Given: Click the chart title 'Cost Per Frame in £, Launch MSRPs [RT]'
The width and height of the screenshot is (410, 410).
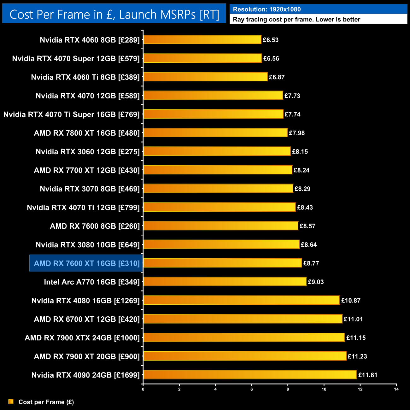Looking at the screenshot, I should click(114, 15).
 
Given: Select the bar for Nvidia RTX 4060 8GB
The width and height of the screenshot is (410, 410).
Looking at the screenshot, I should click(202, 40).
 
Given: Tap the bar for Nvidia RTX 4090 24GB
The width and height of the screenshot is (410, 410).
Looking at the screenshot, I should click(250, 375).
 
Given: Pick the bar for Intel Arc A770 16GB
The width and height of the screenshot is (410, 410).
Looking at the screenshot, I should click(225, 282).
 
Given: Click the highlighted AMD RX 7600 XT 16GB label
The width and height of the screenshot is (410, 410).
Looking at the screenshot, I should click(86, 263).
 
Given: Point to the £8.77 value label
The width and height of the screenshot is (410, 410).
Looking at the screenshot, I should click(311, 263).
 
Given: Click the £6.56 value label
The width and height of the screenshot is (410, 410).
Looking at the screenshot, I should click(271, 59).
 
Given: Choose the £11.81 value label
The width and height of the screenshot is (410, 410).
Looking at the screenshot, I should click(368, 375).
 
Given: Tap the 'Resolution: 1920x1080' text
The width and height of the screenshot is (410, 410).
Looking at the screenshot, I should click(267, 9).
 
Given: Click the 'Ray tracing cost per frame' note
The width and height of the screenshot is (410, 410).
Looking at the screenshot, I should click(296, 20).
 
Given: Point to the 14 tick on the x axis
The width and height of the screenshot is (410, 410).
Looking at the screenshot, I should click(396, 389).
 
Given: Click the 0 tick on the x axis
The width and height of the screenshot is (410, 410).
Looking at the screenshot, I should click(143, 389).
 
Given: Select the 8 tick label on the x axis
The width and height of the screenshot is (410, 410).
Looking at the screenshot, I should click(288, 389).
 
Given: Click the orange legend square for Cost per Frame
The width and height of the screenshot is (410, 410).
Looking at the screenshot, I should click(11, 401).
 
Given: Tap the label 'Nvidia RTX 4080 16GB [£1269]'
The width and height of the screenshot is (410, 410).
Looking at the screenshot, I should click(85, 301).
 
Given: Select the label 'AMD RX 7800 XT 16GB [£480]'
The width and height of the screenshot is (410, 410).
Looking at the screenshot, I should click(87, 133).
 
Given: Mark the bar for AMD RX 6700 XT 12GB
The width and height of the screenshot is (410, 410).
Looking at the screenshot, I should click(243, 319).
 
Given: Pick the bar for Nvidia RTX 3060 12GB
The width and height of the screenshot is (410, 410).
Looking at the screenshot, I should click(217, 151).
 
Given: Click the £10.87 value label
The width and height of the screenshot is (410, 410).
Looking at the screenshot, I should click(351, 301).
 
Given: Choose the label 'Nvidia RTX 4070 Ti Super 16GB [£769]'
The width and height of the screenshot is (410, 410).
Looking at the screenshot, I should click(71, 114).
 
